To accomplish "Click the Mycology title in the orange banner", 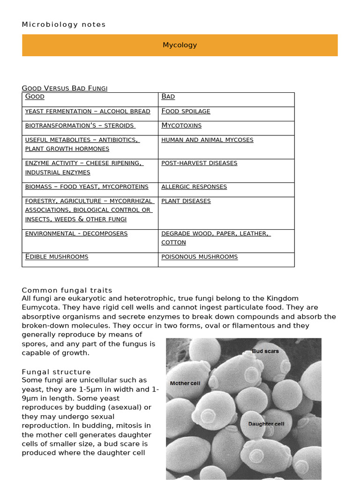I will pyautogui.click(x=180, y=45).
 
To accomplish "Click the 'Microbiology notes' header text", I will pyautogui.click(x=64, y=24).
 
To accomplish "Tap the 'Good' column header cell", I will pyautogui.click(x=35, y=97).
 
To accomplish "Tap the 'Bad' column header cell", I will pyautogui.click(x=168, y=97).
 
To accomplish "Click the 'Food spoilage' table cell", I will pyautogui.click(x=186, y=111).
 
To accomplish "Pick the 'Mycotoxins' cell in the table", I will pyautogui.click(x=181, y=125).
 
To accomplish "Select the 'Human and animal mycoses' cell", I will pyautogui.click(x=207, y=140).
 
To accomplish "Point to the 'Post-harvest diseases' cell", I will pyautogui.click(x=199, y=163).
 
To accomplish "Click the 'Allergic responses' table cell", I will pyautogui.click(x=194, y=187).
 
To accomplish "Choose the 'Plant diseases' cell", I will pyautogui.click(x=186, y=201).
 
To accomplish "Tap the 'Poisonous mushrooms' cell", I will pyautogui.click(x=199, y=257).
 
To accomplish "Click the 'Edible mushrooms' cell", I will pyautogui.click(x=57, y=257).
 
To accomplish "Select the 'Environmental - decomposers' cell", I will pyautogui.click(x=76, y=233).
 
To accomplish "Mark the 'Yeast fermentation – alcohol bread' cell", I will pyautogui.click(x=88, y=111).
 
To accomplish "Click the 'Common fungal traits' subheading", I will pyautogui.click(x=67, y=290).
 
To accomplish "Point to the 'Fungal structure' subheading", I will pyautogui.click(x=56, y=372).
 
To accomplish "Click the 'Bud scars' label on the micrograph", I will pyautogui.click(x=265, y=351).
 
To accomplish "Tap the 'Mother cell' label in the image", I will pyautogui.click(x=185, y=383).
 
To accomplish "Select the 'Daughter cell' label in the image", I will pyautogui.click(x=266, y=424).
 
